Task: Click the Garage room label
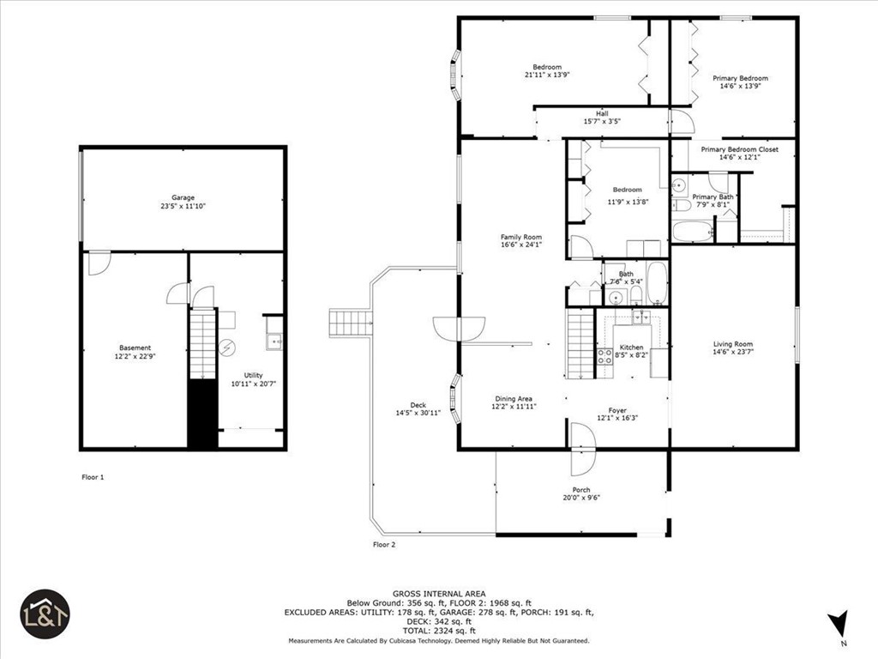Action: coord(183,197)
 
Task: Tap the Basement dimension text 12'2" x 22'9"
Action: coord(135,356)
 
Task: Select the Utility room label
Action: coord(253,375)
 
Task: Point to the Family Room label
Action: coord(521,238)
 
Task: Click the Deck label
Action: coord(418,405)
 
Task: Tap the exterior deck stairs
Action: coord(349,323)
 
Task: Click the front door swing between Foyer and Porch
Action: coord(583,450)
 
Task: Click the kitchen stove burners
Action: coord(604,356)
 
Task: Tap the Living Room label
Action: coord(733,344)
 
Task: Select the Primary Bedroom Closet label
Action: coord(739,149)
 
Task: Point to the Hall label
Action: coord(602,113)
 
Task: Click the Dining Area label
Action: coord(514,398)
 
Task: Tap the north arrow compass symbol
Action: coord(839,623)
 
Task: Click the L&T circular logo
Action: coord(45,614)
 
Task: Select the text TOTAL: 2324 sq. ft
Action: coord(439,630)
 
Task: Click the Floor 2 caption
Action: coord(384,544)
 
